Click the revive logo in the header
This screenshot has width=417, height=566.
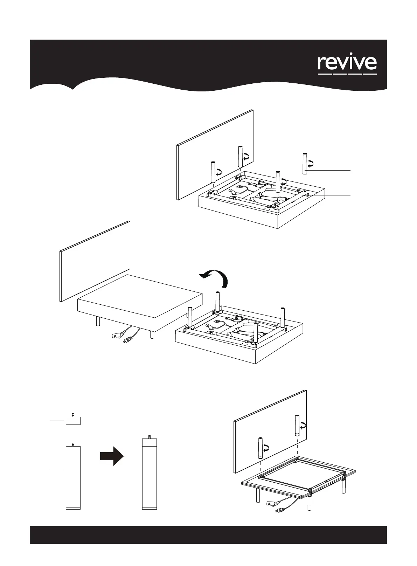347,64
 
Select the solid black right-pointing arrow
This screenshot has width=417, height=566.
112,456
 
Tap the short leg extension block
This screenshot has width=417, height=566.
73,420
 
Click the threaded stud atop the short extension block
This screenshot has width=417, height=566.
73,415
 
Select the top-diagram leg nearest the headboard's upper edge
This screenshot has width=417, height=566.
240,156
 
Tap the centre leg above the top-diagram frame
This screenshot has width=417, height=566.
278,181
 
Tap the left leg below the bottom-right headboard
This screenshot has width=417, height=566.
260,448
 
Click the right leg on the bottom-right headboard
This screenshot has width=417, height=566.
297,425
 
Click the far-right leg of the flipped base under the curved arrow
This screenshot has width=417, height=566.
283,317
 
